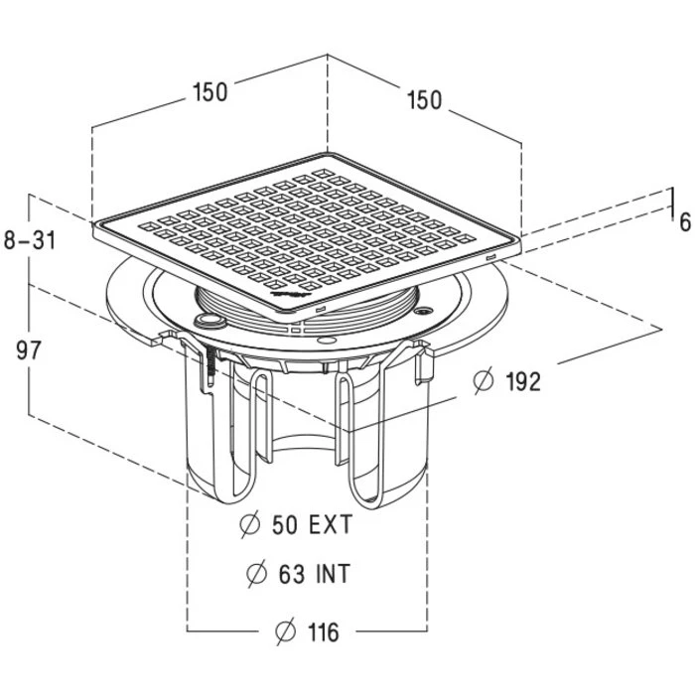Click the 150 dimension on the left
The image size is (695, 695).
[x=210, y=92]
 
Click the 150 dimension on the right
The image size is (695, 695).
[x=424, y=99]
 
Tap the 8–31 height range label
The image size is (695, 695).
[x=30, y=240]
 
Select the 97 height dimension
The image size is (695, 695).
[x=29, y=350]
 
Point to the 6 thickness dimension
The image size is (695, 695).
[x=685, y=222]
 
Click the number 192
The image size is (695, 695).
[x=523, y=381]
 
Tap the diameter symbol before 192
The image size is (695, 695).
[x=483, y=380]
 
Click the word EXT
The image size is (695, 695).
[x=331, y=525]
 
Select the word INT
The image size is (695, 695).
[x=333, y=574]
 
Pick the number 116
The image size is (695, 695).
[x=324, y=631]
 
